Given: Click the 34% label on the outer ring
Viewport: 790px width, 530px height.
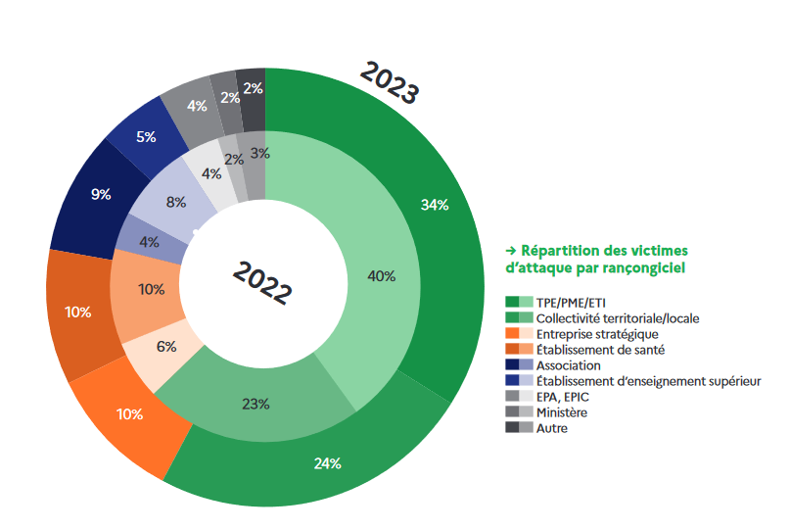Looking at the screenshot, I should point(434,205).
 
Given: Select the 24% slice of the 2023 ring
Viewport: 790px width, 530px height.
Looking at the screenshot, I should point(327,462).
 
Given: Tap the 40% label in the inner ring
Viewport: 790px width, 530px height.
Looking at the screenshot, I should point(381,276).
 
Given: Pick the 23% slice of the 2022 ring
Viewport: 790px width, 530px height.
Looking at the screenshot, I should point(256,403).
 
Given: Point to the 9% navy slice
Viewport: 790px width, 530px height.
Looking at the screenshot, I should point(101,194).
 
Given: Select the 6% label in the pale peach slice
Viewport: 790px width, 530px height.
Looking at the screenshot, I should point(165,346).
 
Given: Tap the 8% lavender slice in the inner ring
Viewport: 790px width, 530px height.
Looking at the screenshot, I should point(176,204).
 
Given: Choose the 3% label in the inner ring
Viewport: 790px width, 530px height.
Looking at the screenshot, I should point(259,153).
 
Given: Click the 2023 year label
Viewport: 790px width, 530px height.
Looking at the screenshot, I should point(390,83).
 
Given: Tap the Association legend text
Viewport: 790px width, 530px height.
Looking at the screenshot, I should point(568,365).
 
